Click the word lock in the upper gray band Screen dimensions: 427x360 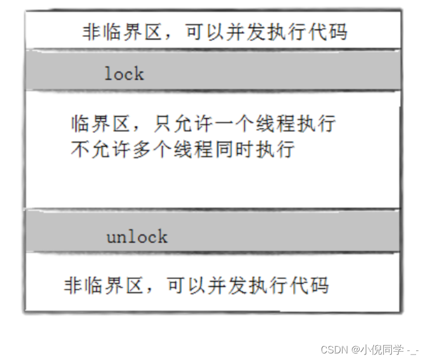pyautogui.click(x=124, y=74)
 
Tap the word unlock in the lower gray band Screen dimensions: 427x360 pyautogui.click(x=136, y=237)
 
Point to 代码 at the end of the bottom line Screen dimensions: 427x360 pyautogui.click(x=308, y=285)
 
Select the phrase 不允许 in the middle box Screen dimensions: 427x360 pyautogui.click(x=101, y=150)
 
